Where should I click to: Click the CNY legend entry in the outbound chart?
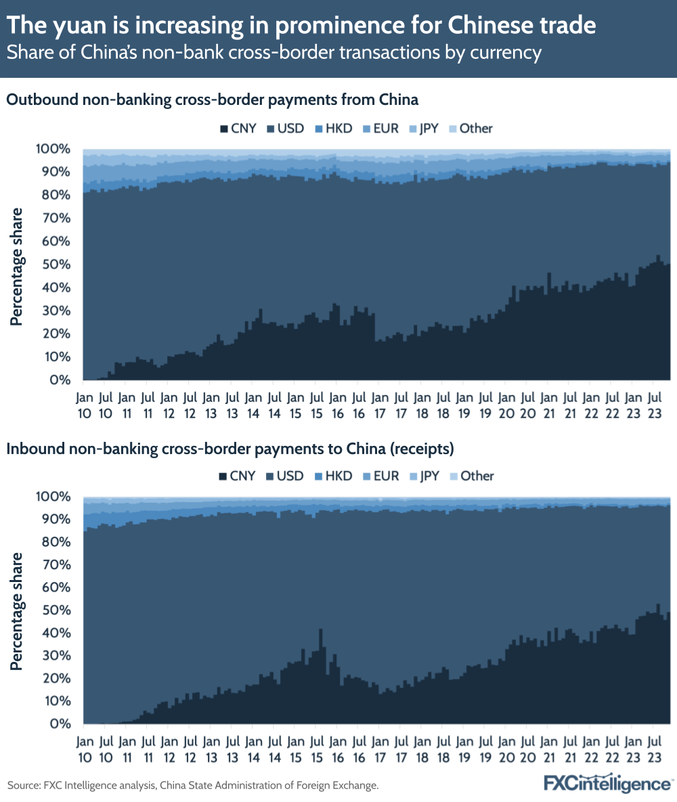point(236,128)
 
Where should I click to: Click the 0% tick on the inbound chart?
point(61,723)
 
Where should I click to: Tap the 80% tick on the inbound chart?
point(56,542)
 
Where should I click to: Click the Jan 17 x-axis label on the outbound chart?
point(380,403)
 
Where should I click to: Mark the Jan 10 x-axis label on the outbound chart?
point(85,403)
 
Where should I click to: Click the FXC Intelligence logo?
point(607,784)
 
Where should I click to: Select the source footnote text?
point(193,785)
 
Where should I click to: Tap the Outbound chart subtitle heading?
point(213,99)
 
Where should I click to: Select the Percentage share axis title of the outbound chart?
point(16,267)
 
